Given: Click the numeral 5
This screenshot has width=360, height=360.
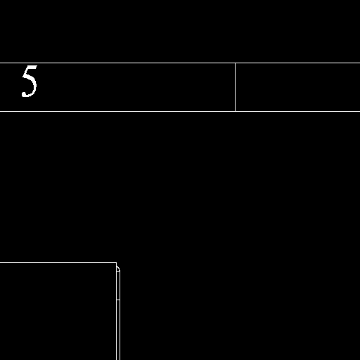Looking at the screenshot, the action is coord(30,81).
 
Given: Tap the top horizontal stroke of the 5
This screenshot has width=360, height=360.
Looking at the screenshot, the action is coord(32,67).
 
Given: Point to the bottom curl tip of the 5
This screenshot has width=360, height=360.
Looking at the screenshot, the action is coord(23,94).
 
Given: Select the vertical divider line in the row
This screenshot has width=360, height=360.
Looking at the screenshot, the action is coord(235,87).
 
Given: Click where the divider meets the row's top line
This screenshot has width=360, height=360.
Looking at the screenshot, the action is coord(235,63).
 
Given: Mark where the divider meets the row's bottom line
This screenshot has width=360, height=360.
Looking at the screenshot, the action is coord(235,111).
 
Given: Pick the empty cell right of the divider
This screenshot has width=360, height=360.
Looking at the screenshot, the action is coord(297,87).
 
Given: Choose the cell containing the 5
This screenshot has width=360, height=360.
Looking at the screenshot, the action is coord(117,87).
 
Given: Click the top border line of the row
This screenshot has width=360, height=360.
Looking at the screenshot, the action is coord(180,63).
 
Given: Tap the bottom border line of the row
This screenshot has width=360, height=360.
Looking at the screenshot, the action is coord(180,111).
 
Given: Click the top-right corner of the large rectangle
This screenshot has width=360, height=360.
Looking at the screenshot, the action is coord(117,263).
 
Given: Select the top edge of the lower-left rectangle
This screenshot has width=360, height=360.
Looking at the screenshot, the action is coord(58,263).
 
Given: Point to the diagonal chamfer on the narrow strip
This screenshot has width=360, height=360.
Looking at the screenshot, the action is coord(118,269).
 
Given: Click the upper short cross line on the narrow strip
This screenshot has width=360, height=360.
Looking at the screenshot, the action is coord(118,271).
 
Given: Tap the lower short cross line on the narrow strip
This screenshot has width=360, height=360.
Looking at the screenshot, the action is coord(118,300).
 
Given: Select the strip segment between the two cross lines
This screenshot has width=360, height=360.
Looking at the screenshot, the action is coord(118,285).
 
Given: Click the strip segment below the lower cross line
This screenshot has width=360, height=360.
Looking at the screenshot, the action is coord(118,330).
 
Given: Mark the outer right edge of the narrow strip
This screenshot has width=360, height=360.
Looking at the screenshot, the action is coord(120,316).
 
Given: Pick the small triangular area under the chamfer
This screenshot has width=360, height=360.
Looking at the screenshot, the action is coord(117,270).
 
